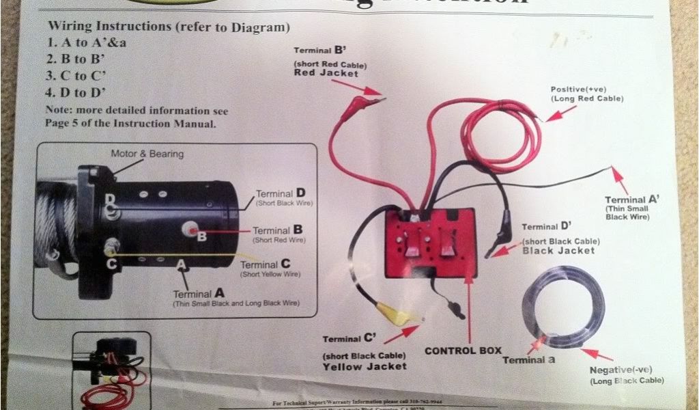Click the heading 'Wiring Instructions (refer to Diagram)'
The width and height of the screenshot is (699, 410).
click(x=169, y=27)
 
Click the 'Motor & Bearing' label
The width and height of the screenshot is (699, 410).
click(x=147, y=154)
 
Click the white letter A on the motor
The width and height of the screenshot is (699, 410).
click(x=181, y=263)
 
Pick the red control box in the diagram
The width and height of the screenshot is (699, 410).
click(x=429, y=243)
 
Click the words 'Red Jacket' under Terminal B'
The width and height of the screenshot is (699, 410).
click(x=326, y=73)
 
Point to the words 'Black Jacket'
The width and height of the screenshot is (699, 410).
click(x=558, y=251)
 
